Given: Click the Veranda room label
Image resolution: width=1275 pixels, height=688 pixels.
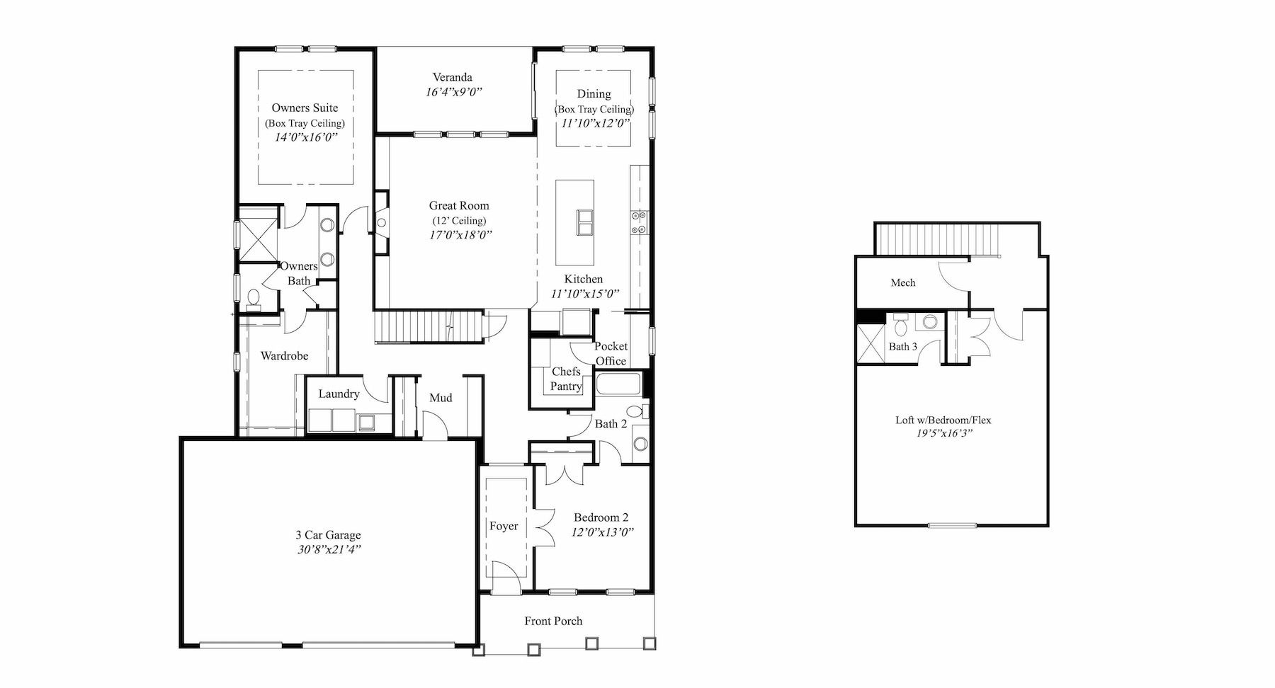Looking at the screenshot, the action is coord(453,77).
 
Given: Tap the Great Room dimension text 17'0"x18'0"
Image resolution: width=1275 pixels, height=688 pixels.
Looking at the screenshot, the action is coord(460,235).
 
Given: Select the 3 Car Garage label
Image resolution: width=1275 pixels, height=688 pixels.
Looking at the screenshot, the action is coord(328,535).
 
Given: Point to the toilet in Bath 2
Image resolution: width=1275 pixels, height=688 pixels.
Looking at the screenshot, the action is coord(637,411).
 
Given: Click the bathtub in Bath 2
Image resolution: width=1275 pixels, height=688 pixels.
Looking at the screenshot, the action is coord(618,385).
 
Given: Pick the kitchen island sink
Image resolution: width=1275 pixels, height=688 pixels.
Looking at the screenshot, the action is coord(585,221).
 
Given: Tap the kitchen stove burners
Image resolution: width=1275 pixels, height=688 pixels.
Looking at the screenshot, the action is coord(636,222).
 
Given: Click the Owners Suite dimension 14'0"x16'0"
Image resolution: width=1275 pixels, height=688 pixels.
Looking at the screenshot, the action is coord(305,137).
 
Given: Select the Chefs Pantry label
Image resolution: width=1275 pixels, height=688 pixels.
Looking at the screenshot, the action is coord(566,379).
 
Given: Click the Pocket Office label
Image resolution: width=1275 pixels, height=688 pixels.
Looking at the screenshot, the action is coord(611,353).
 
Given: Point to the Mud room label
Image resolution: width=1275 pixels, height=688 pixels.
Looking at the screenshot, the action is coord(441,398).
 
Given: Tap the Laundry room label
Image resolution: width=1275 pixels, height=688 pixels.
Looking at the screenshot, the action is coord(339,394).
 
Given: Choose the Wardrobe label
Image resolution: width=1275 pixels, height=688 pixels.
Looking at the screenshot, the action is coord(284,356).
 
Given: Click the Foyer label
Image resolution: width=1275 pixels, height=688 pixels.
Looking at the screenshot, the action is coord(504,527).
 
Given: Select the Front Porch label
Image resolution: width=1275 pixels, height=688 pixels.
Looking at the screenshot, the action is coord(553,621).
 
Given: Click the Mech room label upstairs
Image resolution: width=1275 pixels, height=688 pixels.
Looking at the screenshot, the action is coord(902,283).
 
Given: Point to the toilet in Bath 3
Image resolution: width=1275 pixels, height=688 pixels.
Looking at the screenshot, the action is coord(901,326).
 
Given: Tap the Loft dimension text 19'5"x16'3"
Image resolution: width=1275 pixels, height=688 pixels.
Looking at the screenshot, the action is coord(943,434).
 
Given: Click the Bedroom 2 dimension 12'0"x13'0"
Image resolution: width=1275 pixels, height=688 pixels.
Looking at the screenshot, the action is coord(602,532).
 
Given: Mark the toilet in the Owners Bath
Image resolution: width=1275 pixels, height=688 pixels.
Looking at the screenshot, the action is coord(254,300).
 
